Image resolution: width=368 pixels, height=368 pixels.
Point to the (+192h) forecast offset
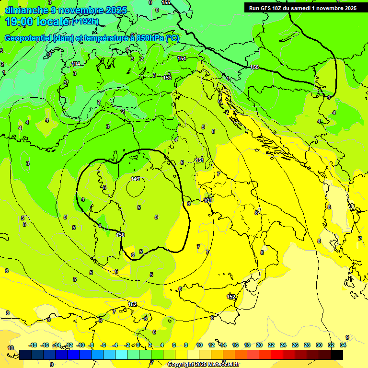point(86,22)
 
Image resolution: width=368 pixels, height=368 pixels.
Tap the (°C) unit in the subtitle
point(172,38)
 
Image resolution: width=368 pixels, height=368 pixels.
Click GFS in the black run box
point(266,8)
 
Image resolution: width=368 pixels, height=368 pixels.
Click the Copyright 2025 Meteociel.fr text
point(203,365)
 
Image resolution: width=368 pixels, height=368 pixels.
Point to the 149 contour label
point(135,179)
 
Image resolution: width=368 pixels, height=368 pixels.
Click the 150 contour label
point(120,235)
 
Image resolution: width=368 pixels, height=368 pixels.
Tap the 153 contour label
point(167,78)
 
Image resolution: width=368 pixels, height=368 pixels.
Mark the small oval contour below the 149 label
point(136,189)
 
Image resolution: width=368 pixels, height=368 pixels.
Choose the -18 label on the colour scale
point(33,345)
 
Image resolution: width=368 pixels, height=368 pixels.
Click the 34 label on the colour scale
point(343,345)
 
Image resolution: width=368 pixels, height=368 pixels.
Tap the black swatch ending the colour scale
point(337,355)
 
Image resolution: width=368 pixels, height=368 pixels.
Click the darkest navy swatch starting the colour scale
point(26,355)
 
